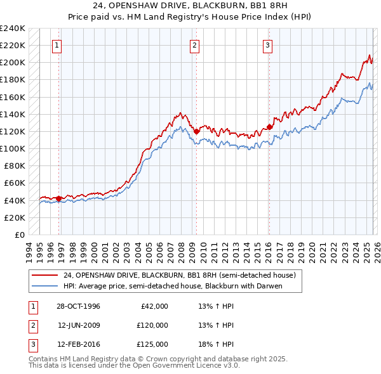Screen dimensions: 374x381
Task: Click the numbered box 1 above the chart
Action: coord(57,45)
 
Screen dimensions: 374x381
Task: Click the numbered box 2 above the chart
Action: coord(194,45)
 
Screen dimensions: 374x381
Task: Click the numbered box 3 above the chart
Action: coord(267,45)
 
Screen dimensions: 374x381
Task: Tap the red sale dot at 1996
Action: coord(59,198)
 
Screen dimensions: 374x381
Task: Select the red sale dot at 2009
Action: coord(196,131)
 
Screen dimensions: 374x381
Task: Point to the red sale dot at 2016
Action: coord(269,127)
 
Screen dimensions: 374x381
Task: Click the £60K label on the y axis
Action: coord(15,183)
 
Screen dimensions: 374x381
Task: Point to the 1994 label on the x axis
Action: coord(29,249)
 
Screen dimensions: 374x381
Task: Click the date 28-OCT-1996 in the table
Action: coord(78,306)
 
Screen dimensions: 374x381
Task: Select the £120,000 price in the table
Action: coord(152,325)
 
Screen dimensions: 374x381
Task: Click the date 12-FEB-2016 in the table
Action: coord(78,344)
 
